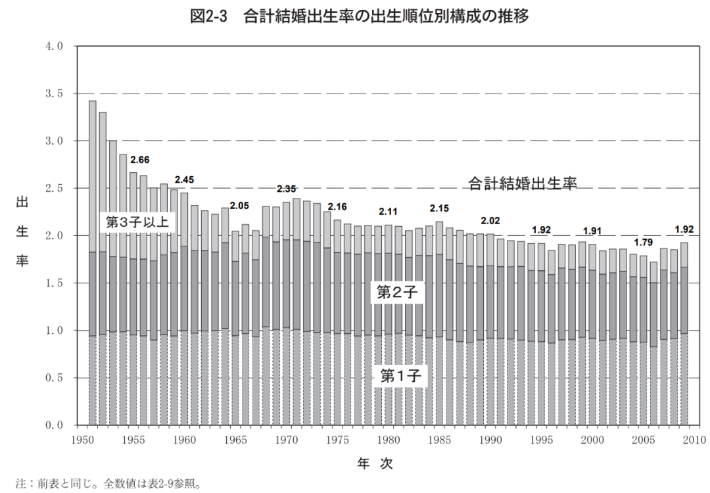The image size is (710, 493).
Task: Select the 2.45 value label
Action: pyautogui.click(x=185, y=179)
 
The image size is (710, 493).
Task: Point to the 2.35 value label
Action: pyautogui.click(x=287, y=189)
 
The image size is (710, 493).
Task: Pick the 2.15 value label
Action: pyautogui.click(x=440, y=208)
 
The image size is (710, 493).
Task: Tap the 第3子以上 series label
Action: pyautogui.click(x=137, y=222)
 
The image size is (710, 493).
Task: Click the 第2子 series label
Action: pyautogui.click(x=398, y=293)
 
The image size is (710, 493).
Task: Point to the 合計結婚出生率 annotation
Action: pyautogui.click(x=523, y=183)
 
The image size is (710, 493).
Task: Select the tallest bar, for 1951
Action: pyautogui.click(x=93, y=262)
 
